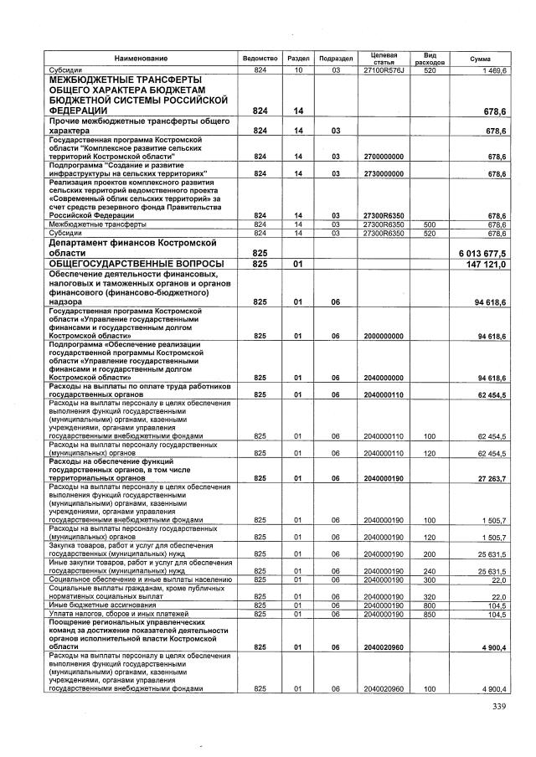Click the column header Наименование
(142, 58)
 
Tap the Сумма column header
(480, 58)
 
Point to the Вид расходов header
(430, 58)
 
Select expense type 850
(430, 614)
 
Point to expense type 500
(430, 224)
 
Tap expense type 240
(430, 571)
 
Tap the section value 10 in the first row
(297, 70)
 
